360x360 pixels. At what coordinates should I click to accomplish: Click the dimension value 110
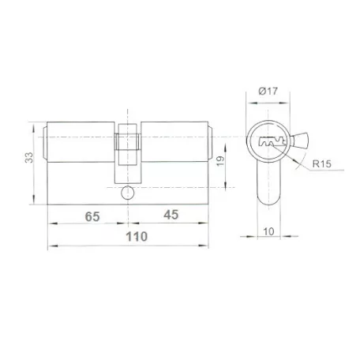pos(137,237)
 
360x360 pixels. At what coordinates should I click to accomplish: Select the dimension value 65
pos(92,216)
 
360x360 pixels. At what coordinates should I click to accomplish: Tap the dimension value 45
pos(171,215)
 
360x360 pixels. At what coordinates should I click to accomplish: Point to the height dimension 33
pos(29,157)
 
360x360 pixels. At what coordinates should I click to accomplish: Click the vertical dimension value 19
pos(220,161)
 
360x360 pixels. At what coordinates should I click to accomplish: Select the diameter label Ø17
pos(268,91)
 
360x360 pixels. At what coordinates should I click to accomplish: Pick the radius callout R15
pos(321,163)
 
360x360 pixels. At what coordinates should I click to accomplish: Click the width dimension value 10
pos(268,232)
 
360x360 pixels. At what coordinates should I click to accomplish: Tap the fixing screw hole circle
pos(128,193)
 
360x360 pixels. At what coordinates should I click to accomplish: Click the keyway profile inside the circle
pos(272,142)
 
